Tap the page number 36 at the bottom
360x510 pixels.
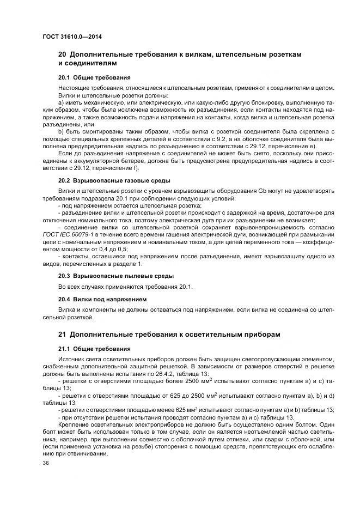coord(46,463)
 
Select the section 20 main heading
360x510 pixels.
coord(179,59)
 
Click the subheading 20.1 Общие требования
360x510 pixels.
coord(94,77)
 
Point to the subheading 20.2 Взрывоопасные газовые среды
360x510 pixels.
coord(114,180)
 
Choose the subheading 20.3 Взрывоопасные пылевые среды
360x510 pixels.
coord(116,276)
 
